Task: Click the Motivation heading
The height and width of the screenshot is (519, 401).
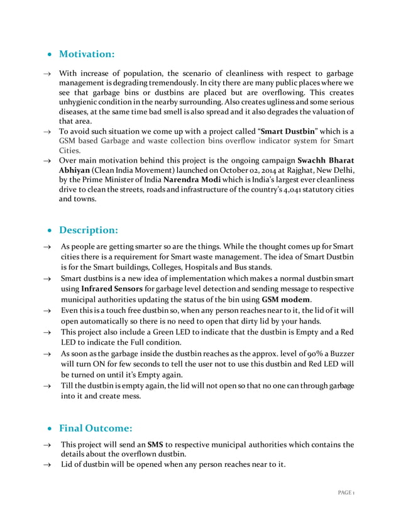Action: [86, 55]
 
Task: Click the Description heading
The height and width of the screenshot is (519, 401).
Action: [89, 229]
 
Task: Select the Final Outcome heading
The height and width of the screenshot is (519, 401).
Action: [96, 428]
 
